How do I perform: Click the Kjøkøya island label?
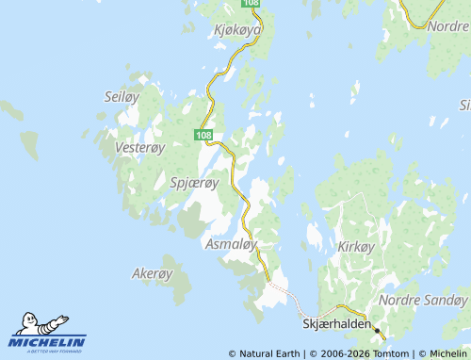coord(237,29)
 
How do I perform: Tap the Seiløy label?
coord(120,96)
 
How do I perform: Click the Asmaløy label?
coord(231,244)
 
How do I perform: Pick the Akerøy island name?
coord(152,274)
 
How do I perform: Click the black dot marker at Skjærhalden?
coord(377,331)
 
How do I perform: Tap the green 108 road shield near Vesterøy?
coord(205,136)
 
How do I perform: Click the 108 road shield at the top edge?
coord(250,4)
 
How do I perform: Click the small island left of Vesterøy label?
coord(30,144)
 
